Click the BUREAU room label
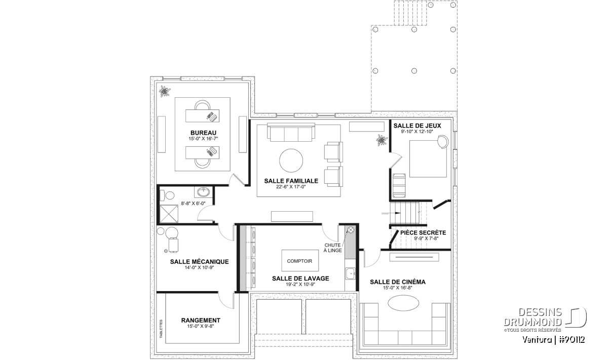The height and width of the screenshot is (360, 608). tap(203, 133)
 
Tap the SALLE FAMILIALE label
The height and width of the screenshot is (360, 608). tap(291, 181)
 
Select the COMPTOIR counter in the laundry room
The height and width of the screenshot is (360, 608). tap(300, 260)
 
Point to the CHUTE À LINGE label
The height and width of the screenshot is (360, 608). tap(332, 248)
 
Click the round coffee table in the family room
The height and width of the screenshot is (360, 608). tap(291, 161)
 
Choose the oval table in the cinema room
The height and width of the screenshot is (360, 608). tap(403, 303)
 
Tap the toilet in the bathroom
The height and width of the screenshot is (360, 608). tap(167, 195)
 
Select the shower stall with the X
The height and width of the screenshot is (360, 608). tap(169, 214)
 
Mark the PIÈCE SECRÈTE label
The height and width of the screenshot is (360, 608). tap(423, 232)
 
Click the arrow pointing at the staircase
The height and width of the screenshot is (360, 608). tap(391, 213)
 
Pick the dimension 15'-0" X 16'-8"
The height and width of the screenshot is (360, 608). tap(398, 288)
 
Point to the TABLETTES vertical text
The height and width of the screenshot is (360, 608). tap(161, 329)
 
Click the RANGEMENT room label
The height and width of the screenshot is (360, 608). tap(201, 320)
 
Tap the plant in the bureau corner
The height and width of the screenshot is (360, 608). tap(165, 91)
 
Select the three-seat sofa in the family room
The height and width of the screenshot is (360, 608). tap(291, 132)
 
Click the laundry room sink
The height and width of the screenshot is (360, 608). tap(350, 273)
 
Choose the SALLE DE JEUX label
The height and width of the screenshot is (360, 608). tap(417, 126)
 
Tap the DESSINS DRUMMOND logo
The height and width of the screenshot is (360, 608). tap(545, 318)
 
